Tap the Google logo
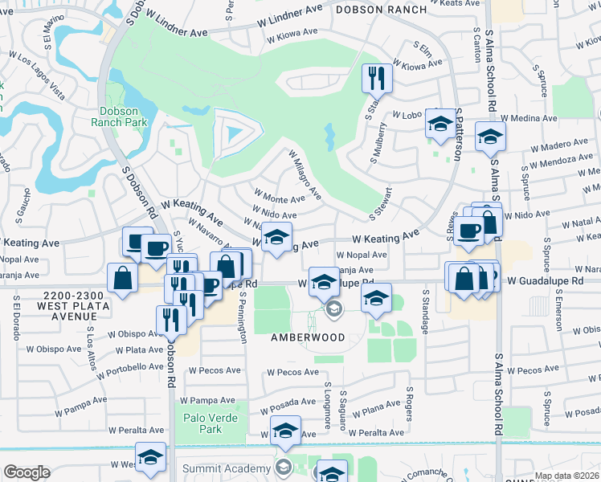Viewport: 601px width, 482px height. (x=27, y=472)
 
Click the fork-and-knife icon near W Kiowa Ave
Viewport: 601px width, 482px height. (x=377, y=77)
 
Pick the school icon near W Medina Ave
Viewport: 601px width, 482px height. (x=489, y=136)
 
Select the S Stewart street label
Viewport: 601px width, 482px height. (x=382, y=204)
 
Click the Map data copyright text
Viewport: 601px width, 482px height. (x=566, y=476)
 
